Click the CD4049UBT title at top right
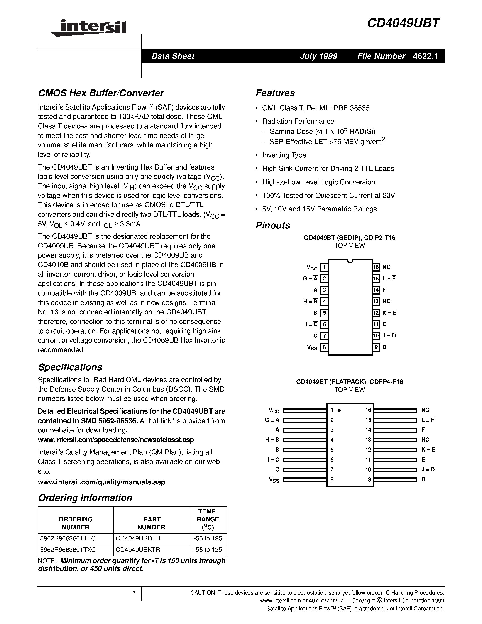[404, 23]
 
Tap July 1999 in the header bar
[318, 56]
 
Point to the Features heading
[275, 93]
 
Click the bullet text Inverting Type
[284, 155]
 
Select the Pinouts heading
[273, 225]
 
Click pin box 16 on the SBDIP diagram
[376, 267]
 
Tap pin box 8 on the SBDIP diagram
[324, 347]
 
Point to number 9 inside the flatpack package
[369, 479]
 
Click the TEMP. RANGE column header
[208, 519]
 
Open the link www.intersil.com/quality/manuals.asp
[101, 482]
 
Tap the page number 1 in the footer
[134, 593]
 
